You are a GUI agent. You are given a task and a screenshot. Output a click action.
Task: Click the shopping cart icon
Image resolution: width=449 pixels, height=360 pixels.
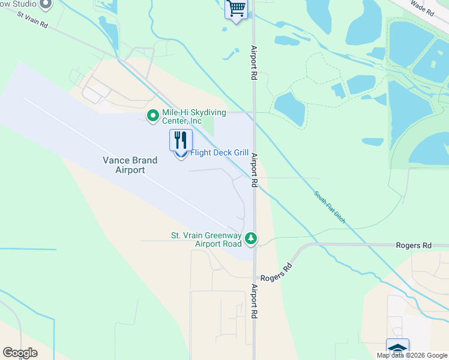236,9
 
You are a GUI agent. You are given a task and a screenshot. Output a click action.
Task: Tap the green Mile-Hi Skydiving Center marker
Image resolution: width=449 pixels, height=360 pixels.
153,115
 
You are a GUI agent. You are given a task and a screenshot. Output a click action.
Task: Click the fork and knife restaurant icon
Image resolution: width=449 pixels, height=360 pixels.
181,140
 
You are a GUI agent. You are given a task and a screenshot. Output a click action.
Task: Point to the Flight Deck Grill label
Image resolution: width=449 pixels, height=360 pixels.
219,153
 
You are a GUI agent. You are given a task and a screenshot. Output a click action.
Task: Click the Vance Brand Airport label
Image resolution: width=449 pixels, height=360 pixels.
130,165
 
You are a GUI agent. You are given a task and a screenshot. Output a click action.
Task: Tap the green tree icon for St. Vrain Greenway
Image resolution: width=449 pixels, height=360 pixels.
251,239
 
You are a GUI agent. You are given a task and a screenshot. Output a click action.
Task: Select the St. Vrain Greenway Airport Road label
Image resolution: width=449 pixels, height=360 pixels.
206,239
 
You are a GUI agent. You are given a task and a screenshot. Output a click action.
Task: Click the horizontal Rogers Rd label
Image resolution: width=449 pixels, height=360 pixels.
414,245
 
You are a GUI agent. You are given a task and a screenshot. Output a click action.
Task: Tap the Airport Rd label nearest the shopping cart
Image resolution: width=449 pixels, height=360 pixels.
255,62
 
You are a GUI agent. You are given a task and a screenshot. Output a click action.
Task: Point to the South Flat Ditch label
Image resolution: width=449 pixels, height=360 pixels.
330,207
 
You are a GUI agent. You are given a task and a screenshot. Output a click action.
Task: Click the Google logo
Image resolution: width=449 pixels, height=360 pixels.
20,353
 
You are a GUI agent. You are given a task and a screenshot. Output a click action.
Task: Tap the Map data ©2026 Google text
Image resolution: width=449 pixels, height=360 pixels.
412,355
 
